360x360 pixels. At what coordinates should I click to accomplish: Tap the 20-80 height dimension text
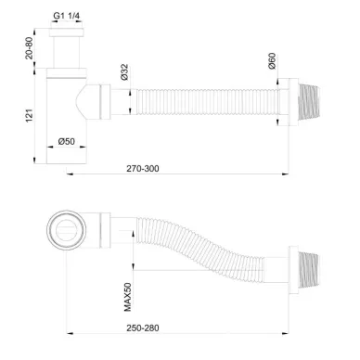29,48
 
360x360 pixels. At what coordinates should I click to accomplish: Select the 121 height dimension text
29,116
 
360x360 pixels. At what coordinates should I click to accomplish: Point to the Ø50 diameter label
67,141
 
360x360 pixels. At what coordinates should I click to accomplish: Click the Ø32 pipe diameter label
124,72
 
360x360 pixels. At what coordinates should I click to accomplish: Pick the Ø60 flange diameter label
272,61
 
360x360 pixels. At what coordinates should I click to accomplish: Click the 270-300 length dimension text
143,168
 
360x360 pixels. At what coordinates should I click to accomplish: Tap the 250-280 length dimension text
143,328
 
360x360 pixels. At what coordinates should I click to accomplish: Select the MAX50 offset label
127,297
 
